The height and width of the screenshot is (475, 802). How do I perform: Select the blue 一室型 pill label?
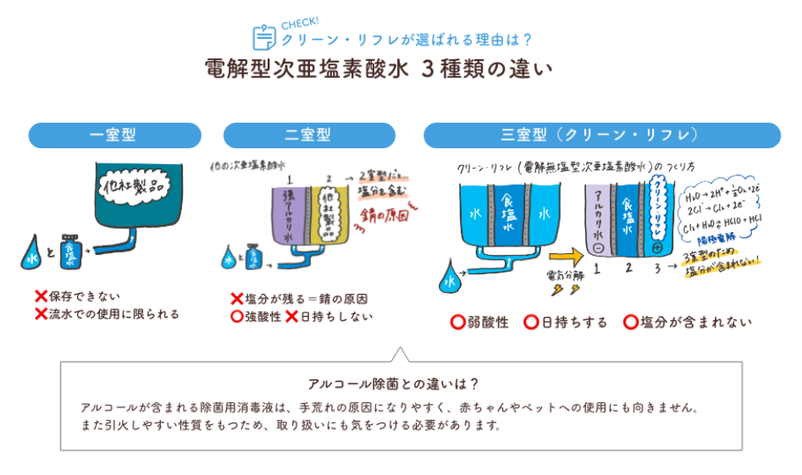[114, 135]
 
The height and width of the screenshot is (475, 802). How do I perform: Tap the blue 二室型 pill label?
[307, 135]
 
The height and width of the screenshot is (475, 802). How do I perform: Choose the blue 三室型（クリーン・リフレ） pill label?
[601, 135]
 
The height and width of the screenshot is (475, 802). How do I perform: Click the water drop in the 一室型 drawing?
[32, 253]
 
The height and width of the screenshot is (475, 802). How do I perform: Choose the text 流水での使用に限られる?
[114, 314]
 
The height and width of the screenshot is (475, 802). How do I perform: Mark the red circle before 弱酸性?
[457, 323]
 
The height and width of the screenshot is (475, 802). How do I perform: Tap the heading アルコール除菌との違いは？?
[401, 382]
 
